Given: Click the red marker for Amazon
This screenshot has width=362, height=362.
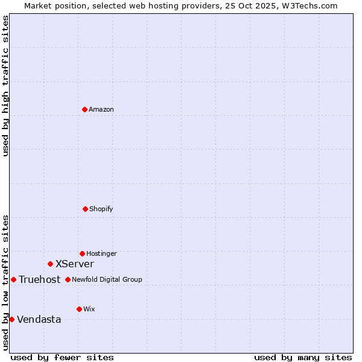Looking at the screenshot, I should coord(84,109).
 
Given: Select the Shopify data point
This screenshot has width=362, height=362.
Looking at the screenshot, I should coord(85,209).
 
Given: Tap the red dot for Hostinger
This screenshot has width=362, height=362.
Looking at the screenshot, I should coord(82,253).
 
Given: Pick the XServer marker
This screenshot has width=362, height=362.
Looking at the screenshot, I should coord(50,264).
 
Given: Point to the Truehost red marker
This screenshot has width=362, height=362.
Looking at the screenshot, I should coord(13,279).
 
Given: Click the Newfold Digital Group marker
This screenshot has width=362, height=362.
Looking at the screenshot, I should coord(68,279).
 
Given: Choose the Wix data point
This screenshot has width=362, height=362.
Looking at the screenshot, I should coord(79,309).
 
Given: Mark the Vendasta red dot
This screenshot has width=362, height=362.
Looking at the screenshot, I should coord(11,319).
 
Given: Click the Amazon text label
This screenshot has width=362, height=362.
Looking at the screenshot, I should coord(101,110).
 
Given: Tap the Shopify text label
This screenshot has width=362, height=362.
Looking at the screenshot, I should coord(101,209).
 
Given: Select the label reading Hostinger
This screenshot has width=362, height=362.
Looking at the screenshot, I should coord(101,254).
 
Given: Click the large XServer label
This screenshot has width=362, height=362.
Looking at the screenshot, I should coord(74,264).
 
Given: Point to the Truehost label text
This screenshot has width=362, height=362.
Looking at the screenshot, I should coord(39,280).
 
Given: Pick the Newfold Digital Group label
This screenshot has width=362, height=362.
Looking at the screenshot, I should coord(107,280).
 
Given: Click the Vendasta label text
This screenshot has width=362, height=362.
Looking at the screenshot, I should coord(39,320).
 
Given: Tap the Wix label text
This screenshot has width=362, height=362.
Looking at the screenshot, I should coord(89,310).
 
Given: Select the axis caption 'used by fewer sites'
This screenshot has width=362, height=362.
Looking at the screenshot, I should coord(62,357).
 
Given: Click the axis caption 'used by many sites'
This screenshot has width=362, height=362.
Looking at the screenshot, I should coord(303,357).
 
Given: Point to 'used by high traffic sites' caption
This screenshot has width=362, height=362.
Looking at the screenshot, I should coord(5,86).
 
